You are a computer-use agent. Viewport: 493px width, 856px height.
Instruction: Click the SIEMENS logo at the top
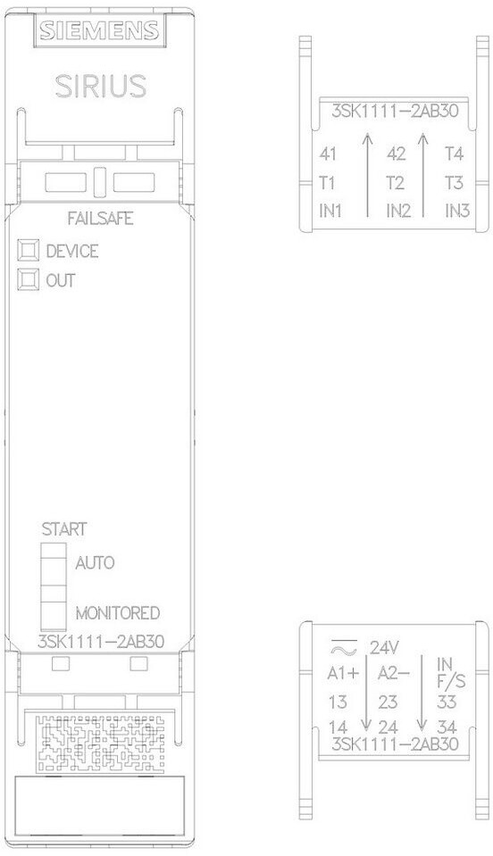tap(99, 30)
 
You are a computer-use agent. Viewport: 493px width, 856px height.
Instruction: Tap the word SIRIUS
tap(101, 87)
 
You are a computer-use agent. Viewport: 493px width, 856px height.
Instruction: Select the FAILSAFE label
tap(100, 219)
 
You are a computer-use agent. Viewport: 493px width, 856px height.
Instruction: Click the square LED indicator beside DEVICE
tap(29, 251)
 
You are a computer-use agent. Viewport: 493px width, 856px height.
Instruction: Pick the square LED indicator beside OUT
tap(29, 280)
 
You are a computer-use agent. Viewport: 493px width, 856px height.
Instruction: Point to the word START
tap(64, 529)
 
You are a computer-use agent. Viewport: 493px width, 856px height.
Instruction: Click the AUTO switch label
tap(95, 563)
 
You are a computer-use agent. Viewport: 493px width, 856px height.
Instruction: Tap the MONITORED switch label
tap(117, 613)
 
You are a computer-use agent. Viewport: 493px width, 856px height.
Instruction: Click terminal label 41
tap(328, 154)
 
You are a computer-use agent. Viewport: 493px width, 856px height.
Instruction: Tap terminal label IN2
tap(398, 211)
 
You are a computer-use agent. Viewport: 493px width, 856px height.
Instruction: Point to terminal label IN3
tap(457, 211)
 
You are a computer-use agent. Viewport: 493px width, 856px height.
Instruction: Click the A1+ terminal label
tap(343, 674)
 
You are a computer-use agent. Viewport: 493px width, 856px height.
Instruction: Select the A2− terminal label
tap(393, 674)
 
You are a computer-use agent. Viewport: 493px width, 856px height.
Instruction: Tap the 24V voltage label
tap(385, 648)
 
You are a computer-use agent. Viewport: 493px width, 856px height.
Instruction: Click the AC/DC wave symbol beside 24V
tap(344, 647)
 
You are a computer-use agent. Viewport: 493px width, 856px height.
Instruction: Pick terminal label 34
tap(447, 727)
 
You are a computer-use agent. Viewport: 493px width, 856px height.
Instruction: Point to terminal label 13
tap(338, 702)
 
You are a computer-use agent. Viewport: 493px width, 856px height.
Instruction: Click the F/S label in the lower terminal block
tap(451, 682)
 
